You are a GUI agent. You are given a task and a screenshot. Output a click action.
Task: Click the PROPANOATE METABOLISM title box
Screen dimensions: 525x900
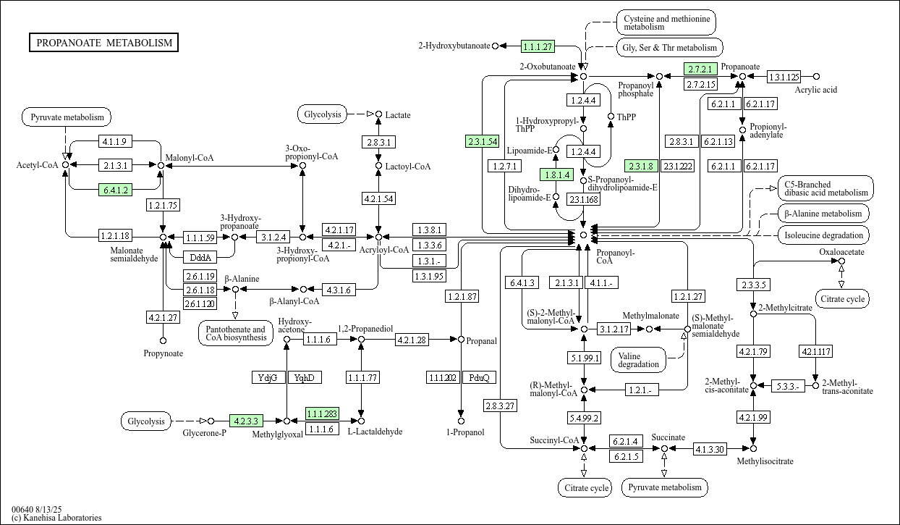point(104,43)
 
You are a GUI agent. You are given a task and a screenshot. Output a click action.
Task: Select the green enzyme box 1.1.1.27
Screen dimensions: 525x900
point(538,46)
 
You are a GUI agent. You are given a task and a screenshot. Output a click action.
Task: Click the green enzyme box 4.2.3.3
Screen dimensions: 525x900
point(246,420)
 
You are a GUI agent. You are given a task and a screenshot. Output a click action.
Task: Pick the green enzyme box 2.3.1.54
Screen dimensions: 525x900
point(482,141)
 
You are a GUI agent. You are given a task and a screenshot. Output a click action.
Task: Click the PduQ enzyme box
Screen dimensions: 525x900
point(479,377)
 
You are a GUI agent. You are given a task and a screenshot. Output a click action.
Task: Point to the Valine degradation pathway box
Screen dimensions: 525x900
point(639,359)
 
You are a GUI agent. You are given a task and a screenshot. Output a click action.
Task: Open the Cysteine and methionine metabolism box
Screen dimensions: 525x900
point(666,22)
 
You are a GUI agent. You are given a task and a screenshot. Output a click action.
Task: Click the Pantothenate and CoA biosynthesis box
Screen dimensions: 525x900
point(234,333)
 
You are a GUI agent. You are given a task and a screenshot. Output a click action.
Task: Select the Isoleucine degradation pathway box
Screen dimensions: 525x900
point(823,235)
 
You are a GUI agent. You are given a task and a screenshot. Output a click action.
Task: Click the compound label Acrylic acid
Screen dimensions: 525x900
point(815,90)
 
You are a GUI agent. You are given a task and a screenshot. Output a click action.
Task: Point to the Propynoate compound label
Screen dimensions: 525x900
point(163,353)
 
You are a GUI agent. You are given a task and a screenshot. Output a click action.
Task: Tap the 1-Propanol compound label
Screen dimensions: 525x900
point(461,432)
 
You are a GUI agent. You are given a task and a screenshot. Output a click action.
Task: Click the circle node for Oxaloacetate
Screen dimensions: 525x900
point(841,261)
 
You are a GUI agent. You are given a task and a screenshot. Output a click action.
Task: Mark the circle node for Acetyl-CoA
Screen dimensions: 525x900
point(66,165)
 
